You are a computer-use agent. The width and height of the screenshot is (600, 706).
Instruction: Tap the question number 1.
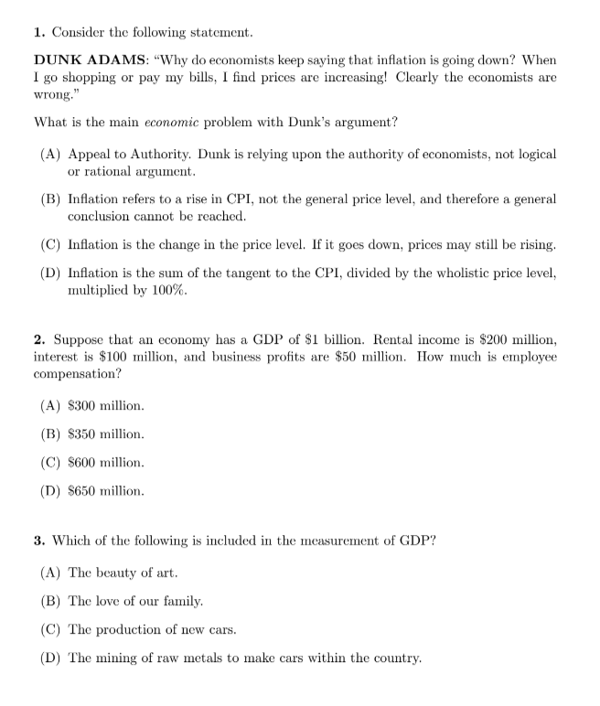[x=37, y=32]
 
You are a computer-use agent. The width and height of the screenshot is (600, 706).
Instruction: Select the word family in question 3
[x=181, y=601]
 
